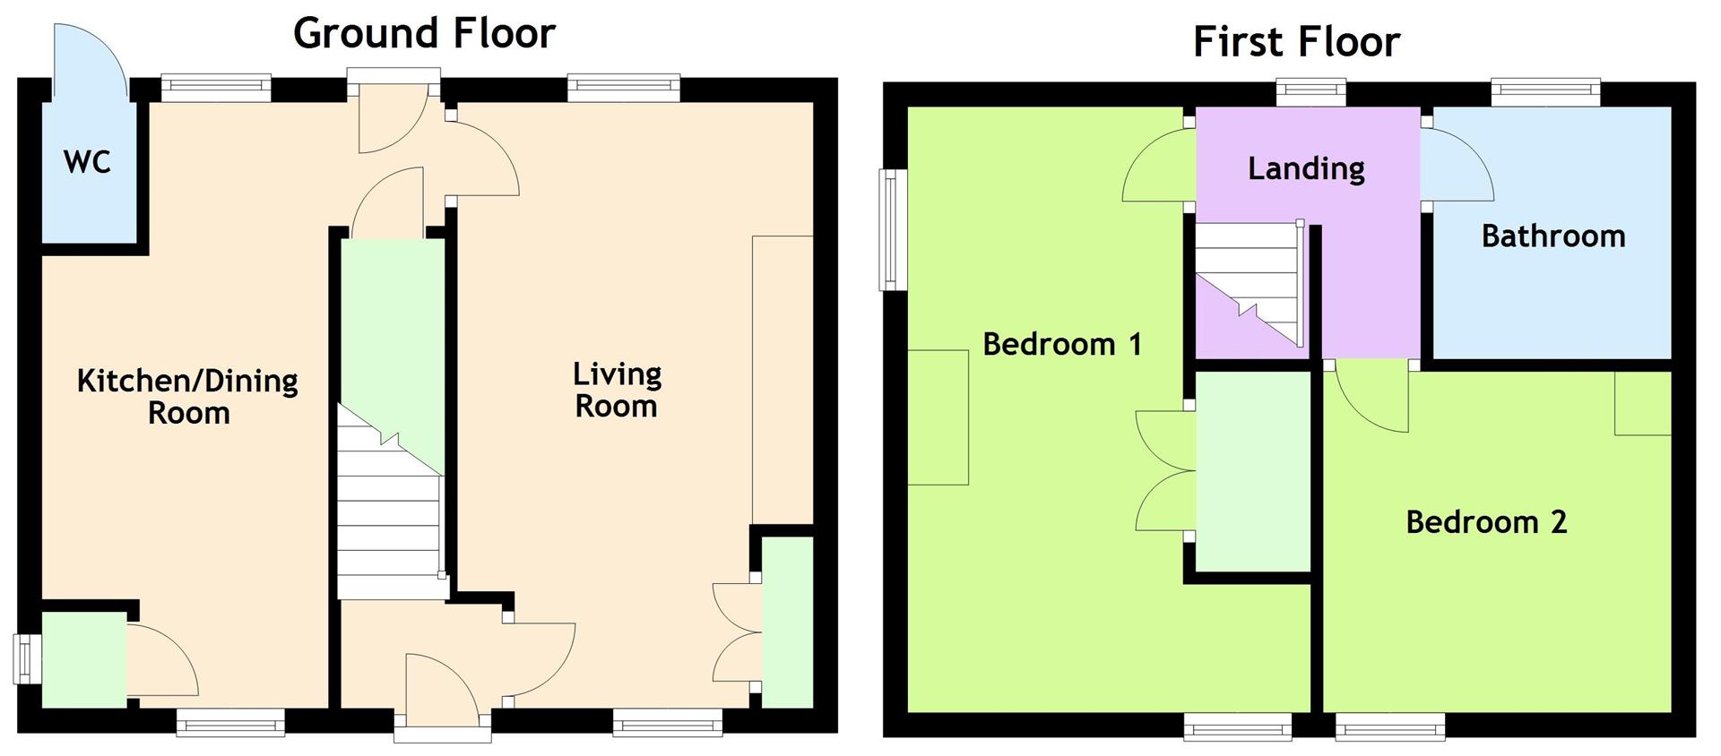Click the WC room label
(87, 163)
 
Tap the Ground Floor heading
(424, 34)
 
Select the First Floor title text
(1296, 42)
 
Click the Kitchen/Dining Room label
(187, 397)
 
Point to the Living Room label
(617, 390)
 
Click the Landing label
(1306, 168)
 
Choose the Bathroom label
(1552, 236)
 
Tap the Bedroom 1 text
(1062, 344)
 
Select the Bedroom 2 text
(1485, 522)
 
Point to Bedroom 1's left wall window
(891, 230)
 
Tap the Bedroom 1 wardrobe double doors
(1163, 470)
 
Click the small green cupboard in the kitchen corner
(84, 659)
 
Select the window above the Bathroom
(1545, 88)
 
